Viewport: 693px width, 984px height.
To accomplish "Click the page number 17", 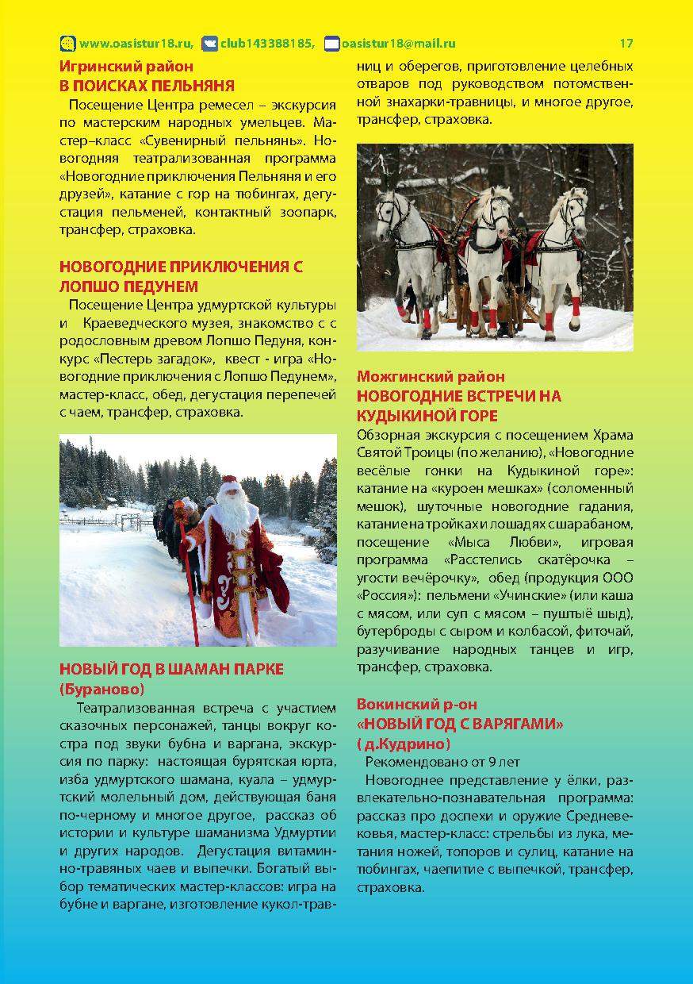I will tap(626, 44).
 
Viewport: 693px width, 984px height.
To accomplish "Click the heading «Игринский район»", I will tap(127, 67).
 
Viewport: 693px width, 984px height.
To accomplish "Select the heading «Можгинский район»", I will tap(431, 376).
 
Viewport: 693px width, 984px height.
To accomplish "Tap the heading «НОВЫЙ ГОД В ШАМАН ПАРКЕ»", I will tap(171, 669).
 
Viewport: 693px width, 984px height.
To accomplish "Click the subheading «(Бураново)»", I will tap(102, 688).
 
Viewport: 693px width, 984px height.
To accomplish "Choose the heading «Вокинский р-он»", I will tap(417, 704).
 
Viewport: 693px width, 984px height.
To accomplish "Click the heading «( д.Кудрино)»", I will tap(404, 744).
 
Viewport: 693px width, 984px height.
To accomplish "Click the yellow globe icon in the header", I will tap(68, 44).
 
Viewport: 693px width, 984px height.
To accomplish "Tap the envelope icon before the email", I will tap(332, 44).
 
